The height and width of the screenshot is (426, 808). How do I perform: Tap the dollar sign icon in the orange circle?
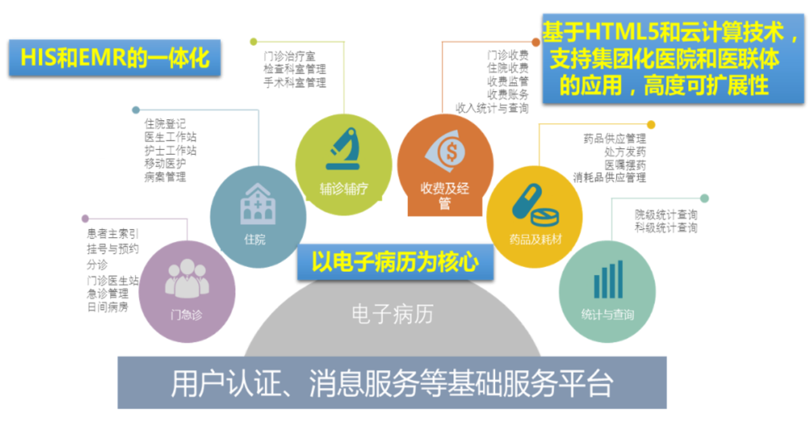[x=446, y=151]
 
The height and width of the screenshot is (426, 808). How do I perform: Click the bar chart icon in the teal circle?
[x=608, y=279]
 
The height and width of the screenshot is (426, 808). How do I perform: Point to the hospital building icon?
[x=258, y=204]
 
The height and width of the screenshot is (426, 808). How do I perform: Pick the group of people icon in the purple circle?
[x=187, y=278]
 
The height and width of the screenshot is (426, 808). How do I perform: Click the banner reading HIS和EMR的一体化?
[x=115, y=58]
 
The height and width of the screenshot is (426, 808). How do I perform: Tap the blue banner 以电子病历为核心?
[x=395, y=262]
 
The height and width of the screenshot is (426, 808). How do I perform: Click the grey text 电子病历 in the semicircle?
[x=392, y=314]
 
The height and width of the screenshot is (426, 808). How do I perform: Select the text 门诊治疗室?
[x=289, y=56]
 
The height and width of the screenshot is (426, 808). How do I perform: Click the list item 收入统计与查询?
[x=491, y=108]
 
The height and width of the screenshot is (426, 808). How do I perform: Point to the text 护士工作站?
[x=170, y=150]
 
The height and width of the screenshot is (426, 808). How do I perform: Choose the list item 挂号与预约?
[x=112, y=249]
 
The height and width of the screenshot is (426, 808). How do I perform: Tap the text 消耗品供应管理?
[x=609, y=177]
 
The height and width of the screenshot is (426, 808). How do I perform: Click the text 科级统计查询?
[x=666, y=228]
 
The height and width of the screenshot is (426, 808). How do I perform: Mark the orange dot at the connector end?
[x=536, y=42]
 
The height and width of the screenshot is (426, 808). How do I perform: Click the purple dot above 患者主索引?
[x=85, y=219]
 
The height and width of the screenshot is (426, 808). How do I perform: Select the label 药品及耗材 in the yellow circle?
[x=535, y=240]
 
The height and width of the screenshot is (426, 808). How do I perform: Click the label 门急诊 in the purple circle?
[x=186, y=315]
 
